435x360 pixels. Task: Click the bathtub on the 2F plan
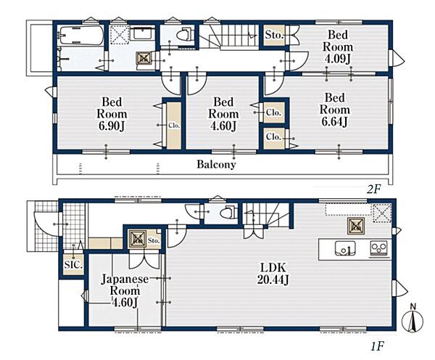click(x=81, y=36)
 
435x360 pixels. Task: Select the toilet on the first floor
click(x=228, y=213)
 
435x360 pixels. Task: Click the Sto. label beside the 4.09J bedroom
click(x=274, y=36)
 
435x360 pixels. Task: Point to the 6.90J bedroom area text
click(x=112, y=126)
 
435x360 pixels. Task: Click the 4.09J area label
click(x=338, y=59)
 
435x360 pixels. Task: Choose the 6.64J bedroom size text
click(x=334, y=122)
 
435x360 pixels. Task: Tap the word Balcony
click(x=216, y=164)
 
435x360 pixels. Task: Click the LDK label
click(x=273, y=268)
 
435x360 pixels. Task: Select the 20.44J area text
click(x=273, y=279)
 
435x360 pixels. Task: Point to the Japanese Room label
click(x=125, y=285)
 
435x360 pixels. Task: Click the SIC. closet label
click(x=73, y=265)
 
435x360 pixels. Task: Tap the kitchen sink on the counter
click(x=345, y=248)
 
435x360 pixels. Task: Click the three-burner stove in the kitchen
click(x=379, y=248)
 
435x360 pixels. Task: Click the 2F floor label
click(x=373, y=189)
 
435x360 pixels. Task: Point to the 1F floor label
click(x=377, y=346)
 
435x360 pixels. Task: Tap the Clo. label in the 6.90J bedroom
click(x=174, y=126)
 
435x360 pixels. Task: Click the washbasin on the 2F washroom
click(x=143, y=34)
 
